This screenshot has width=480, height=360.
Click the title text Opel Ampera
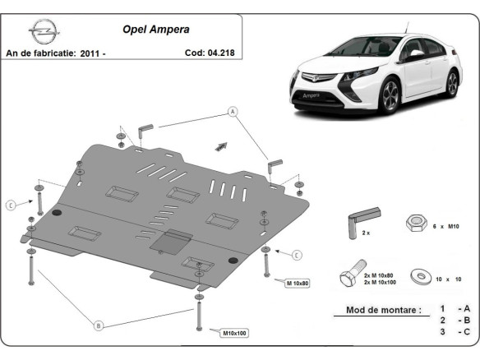click(155, 29)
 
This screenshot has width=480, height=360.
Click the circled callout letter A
click(233, 111)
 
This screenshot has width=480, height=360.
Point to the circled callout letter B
click(99, 325)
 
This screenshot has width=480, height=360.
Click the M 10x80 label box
click(296, 284)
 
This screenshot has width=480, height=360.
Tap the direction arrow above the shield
click(219, 145)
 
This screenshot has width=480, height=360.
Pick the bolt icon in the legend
click(350, 277)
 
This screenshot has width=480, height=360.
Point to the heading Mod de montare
click(377, 311)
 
